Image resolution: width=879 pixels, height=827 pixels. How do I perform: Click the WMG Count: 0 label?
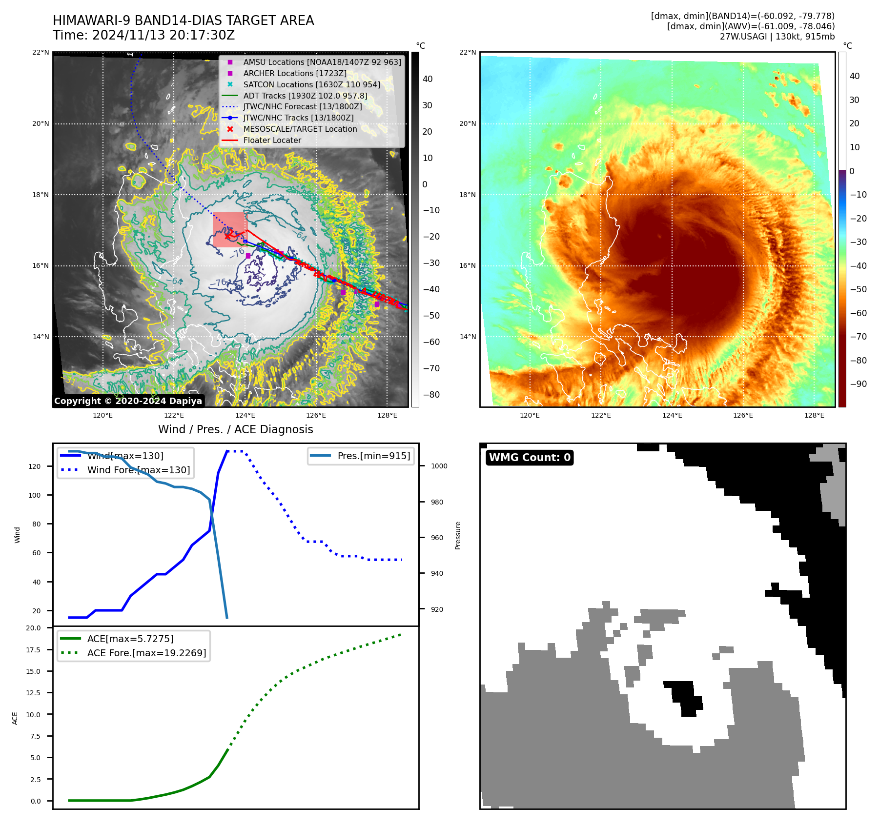530,458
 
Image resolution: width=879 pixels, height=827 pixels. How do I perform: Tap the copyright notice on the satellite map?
128,401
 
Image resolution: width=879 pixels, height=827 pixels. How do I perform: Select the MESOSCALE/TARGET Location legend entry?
300,129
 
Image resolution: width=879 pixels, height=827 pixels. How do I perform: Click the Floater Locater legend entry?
272,141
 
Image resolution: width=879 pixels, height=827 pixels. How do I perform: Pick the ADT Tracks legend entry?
305,96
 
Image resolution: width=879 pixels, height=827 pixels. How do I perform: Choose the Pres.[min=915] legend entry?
373,456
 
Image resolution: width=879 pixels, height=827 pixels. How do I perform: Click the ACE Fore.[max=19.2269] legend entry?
146,653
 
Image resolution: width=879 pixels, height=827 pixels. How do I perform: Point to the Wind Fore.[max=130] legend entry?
138,470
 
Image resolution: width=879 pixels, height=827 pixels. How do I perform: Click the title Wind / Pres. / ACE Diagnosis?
236,430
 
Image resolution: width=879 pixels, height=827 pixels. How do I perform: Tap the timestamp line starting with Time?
144,36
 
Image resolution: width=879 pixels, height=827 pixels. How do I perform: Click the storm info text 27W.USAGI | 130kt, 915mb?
777,37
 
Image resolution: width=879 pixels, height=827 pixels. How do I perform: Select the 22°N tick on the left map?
41,53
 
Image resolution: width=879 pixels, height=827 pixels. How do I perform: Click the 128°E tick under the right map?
814,416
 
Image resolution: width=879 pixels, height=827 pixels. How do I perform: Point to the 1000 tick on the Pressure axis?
439,466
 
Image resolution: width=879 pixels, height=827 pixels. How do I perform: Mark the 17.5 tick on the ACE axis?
34,650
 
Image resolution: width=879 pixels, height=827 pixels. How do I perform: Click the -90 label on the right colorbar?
858,384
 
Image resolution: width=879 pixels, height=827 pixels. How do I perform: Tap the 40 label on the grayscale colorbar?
428,79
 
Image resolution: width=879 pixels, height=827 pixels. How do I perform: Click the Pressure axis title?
458,535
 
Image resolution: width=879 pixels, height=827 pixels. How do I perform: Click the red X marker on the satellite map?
228,236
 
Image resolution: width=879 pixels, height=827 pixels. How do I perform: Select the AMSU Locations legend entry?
322,62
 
